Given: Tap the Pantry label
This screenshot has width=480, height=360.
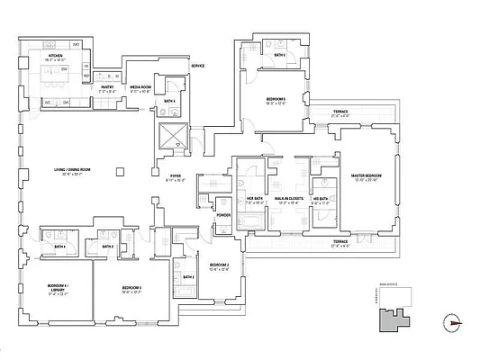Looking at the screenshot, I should (106, 88).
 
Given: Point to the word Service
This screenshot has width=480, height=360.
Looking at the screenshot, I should (196, 67).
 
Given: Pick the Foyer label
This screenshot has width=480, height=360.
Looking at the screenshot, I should (176, 176).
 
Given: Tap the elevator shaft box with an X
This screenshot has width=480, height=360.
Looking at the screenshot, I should (170, 138).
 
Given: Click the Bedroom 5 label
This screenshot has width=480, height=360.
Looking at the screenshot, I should (276, 100).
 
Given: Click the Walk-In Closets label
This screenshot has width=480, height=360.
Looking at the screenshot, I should (288, 200).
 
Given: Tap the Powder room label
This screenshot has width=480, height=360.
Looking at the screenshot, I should (222, 215).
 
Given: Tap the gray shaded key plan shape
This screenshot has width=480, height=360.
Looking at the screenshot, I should (394, 315).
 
